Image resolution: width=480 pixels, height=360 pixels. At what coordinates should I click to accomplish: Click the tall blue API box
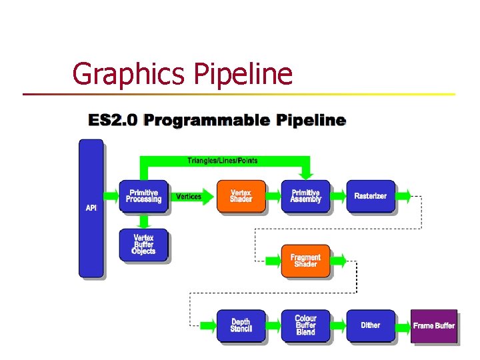[91, 208]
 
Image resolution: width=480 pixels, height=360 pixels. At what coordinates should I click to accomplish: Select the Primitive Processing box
[143, 196]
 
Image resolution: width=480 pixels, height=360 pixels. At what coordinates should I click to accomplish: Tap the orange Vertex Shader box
[241, 196]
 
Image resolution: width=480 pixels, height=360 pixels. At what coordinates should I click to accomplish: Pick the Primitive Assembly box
[305, 196]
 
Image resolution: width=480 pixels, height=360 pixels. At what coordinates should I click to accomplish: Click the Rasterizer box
[370, 196]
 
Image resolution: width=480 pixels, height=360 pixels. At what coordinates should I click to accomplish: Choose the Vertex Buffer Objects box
[143, 244]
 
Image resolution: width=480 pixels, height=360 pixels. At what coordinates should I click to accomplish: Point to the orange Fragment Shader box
[305, 261]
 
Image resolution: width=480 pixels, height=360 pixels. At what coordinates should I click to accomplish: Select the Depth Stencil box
[241, 325]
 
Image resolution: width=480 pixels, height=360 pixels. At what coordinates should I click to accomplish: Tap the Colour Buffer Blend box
[305, 325]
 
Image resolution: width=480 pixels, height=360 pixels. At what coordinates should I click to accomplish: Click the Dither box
[370, 325]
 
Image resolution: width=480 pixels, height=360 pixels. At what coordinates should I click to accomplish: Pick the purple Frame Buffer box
[434, 325]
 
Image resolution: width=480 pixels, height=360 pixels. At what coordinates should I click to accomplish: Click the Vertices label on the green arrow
[188, 197]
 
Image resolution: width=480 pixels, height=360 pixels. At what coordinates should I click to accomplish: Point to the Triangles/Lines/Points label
[222, 161]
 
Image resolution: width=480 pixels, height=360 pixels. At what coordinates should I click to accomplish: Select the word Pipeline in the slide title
[243, 74]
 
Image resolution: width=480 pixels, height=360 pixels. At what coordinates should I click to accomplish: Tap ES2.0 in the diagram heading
[113, 121]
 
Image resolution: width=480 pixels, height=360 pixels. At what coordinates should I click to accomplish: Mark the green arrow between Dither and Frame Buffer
[402, 326]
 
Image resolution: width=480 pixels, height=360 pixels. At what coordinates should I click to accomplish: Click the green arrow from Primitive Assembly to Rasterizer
[338, 197]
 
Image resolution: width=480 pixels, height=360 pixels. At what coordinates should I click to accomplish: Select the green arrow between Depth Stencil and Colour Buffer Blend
[273, 326]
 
